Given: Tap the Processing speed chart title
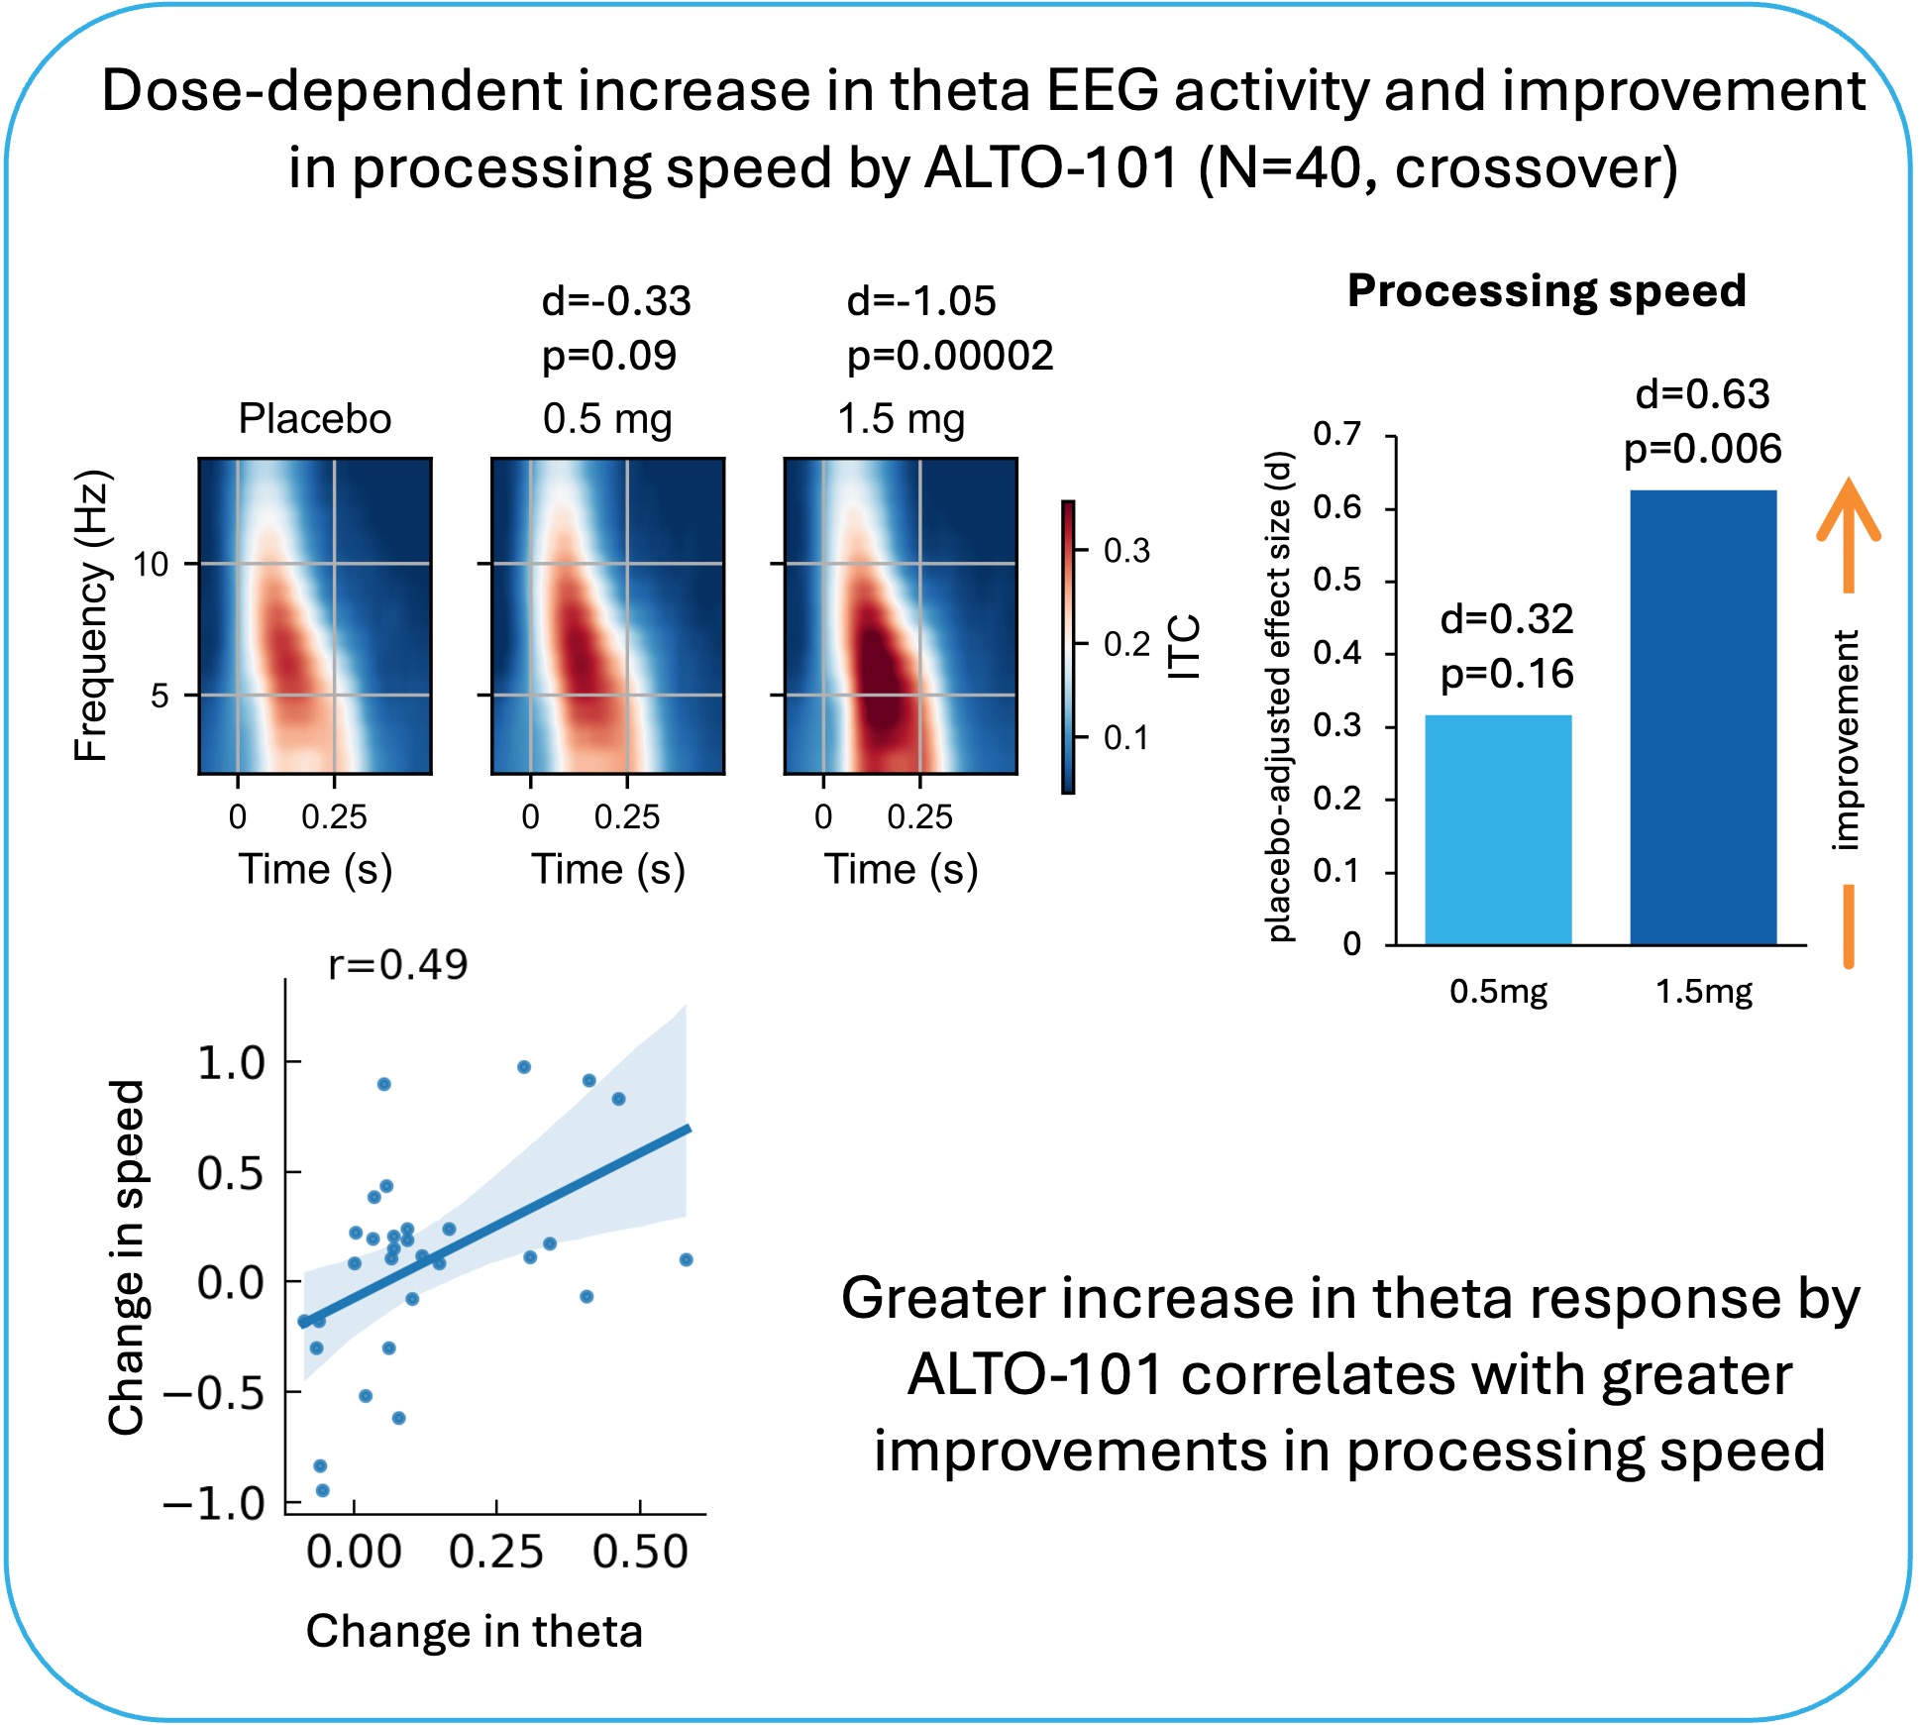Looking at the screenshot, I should [x=1547, y=291].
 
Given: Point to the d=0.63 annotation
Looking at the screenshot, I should [x=1702, y=394].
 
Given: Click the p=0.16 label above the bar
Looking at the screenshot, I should [x=1506, y=675].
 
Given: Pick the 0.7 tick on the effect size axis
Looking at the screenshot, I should [x=1336, y=434].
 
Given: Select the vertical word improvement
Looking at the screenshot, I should [x=1845, y=740].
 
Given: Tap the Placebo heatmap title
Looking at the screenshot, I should [x=315, y=419].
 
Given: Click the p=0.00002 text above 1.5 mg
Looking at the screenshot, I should [x=950, y=356].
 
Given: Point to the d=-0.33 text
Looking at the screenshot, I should [x=616, y=301].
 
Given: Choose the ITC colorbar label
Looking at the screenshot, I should [x=1184, y=647].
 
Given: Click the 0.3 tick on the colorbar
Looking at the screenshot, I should [x=1126, y=551].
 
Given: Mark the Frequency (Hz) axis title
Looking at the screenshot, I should [x=91, y=615].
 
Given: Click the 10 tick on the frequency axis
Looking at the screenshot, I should [x=152, y=565].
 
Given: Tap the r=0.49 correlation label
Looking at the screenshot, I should [x=397, y=964].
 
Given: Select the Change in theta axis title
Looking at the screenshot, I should [x=474, y=1631].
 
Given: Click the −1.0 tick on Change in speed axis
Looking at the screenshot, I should [x=215, y=1504].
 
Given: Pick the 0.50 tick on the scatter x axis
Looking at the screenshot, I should [x=640, y=1552].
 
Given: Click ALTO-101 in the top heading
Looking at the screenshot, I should [x=1051, y=168].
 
